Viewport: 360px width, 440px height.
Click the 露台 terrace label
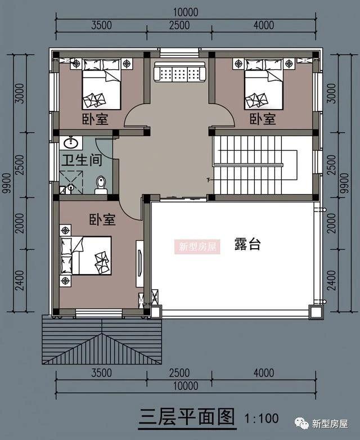247,245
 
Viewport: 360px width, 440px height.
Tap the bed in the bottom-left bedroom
88,255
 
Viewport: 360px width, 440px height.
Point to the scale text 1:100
262,418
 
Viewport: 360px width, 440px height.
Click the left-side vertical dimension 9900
7,183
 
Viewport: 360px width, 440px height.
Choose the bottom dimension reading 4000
263,373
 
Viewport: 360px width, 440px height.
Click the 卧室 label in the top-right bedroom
263,119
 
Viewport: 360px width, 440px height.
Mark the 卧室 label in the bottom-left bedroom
102,219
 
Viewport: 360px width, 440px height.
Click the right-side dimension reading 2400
331,280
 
